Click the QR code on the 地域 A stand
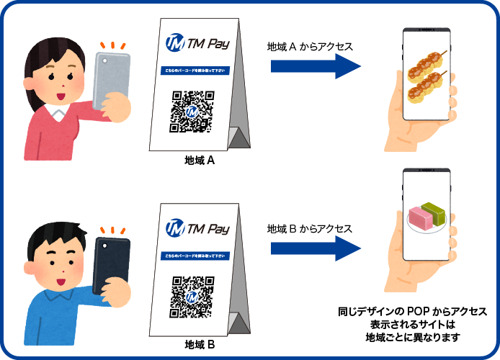(x=192, y=112)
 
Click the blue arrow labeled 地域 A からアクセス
(x=316, y=67)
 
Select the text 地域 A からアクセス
(x=309, y=47)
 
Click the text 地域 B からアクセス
(x=309, y=229)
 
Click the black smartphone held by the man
(x=112, y=262)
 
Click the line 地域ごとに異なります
(x=412, y=338)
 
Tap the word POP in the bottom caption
(x=419, y=312)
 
